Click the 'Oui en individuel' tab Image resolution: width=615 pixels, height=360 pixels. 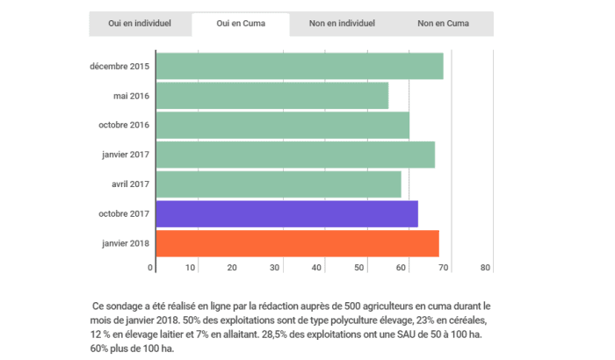(x=139, y=24)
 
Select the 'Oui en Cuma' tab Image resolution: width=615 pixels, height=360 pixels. (x=241, y=24)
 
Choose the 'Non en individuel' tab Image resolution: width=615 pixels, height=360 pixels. (x=342, y=24)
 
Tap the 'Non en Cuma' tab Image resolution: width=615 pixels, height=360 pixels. (x=442, y=24)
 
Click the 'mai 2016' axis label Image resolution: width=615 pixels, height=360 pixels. (x=131, y=96)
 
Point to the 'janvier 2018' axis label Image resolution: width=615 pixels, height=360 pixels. (x=126, y=243)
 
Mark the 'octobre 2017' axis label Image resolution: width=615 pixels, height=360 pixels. (x=124, y=214)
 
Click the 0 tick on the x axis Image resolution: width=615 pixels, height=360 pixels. (x=151, y=268)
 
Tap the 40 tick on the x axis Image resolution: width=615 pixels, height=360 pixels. (x=318, y=268)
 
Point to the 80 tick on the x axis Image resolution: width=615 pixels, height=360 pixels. (x=486, y=268)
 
